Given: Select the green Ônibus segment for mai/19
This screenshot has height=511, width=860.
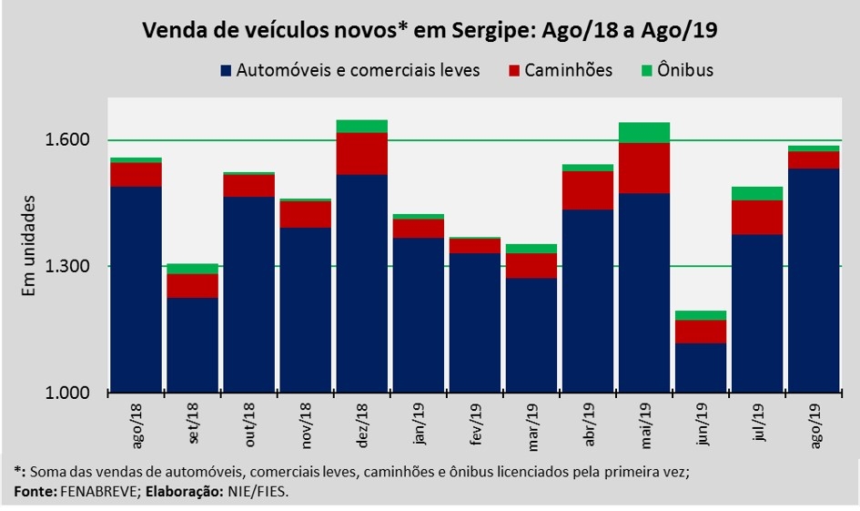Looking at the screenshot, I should coord(644,132).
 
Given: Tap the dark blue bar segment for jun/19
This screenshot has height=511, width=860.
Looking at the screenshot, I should coord(701,368).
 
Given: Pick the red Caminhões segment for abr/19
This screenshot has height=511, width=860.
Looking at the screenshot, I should coord(588,189).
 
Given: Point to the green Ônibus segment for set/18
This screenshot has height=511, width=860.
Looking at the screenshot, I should coord(192,269).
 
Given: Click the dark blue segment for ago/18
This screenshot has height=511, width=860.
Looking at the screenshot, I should coord(136,290).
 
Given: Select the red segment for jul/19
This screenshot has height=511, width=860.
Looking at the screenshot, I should coord(757,217).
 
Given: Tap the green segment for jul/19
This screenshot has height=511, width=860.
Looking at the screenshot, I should coord(757,193).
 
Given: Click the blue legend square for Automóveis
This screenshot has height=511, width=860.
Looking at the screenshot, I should coord(226,71).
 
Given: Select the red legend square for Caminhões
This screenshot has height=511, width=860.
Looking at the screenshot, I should coord(514,71).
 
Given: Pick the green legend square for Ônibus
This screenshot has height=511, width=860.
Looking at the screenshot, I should coord(649,71).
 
